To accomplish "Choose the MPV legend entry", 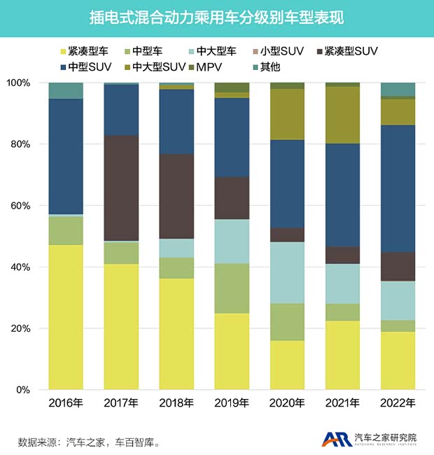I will click(214, 67).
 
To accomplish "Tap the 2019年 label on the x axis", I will click(232, 403).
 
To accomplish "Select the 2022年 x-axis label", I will click(398, 403).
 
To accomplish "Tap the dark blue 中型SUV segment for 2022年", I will click(398, 188).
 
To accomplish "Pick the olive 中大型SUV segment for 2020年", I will click(287, 114).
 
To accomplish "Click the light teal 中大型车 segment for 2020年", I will click(287, 272).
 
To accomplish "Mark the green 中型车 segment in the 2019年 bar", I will click(232, 288).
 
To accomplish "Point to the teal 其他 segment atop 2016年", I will click(66, 90).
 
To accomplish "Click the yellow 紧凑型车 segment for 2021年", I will click(342, 355).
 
